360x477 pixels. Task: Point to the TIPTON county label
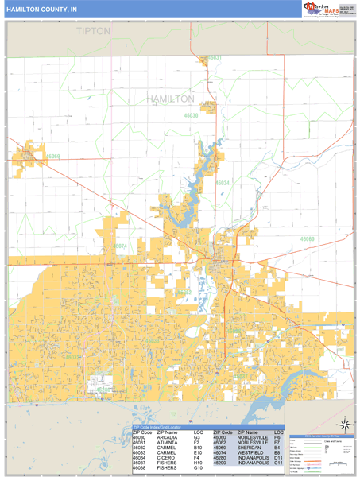tap(94, 31)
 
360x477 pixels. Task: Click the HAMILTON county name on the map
tap(170, 99)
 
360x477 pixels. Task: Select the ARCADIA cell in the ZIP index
tap(168, 437)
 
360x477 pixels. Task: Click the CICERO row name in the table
tap(165, 457)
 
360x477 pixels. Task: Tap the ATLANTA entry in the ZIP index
tap(167, 442)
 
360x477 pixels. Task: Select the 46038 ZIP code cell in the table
tap(141, 467)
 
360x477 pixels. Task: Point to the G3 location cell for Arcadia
tap(196, 437)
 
